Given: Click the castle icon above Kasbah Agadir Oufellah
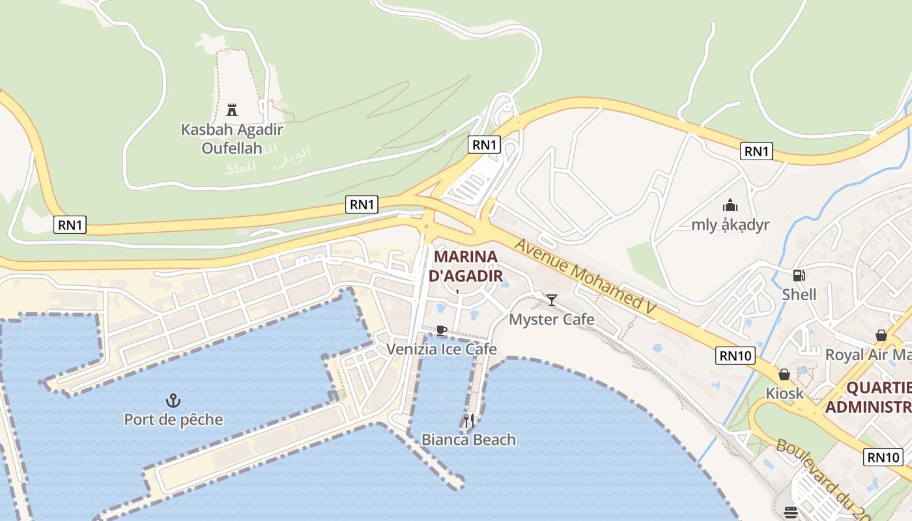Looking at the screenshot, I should tap(231, 109).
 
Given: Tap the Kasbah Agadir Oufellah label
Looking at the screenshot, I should tap(222, 139).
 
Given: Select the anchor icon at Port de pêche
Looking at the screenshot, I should tap(173, 400).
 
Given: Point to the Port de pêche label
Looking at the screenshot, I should tap(173, 419).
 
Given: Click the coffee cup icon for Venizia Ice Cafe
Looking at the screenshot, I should tap(441, 330).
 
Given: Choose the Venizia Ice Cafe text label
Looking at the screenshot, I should tap(442, 350).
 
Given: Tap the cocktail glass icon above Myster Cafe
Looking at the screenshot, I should tap(552, 300).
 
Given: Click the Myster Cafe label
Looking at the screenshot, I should tap(552, 319).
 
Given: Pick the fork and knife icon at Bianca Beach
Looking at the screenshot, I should tap(469, 421).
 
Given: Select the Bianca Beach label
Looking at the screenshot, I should tap(469, 440).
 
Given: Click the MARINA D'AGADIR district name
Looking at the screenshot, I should tap(466, 266).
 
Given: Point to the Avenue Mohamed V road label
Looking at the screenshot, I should tap(585, 279).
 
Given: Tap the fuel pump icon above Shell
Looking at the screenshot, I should tap(799, 275).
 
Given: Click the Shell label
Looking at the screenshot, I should tap(799, 294).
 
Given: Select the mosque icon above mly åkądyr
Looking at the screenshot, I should tap(730, 206).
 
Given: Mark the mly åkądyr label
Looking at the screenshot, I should tap(730, 225).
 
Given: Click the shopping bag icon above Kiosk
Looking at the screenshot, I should tap(784, 374).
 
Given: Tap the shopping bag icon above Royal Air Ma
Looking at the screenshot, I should tap(881, 335).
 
